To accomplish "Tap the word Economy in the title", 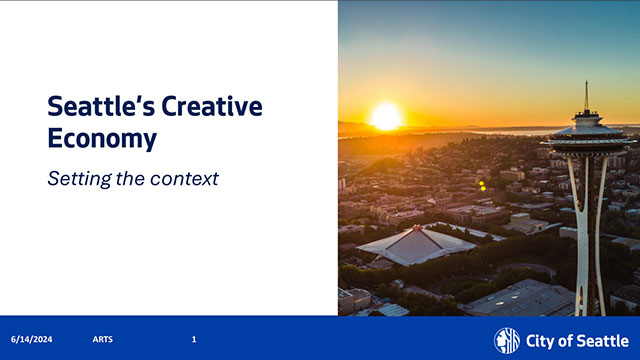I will (x=102, y=139).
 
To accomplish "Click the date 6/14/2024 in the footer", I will (x=32, y=340).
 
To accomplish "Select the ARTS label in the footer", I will (x=102, y=340).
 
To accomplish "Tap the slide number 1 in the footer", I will (x=194, y=340).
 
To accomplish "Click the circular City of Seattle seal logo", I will (x=507, y=340).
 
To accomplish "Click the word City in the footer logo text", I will (x=541, y=341).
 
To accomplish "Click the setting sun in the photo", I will (x=385, y=116).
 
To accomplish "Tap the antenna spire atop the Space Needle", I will (x=586, y=97).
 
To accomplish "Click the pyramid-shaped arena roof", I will (x=415, y=244).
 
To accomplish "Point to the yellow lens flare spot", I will (x=482, y=185).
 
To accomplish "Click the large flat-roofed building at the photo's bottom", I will (x=520, y=297).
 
